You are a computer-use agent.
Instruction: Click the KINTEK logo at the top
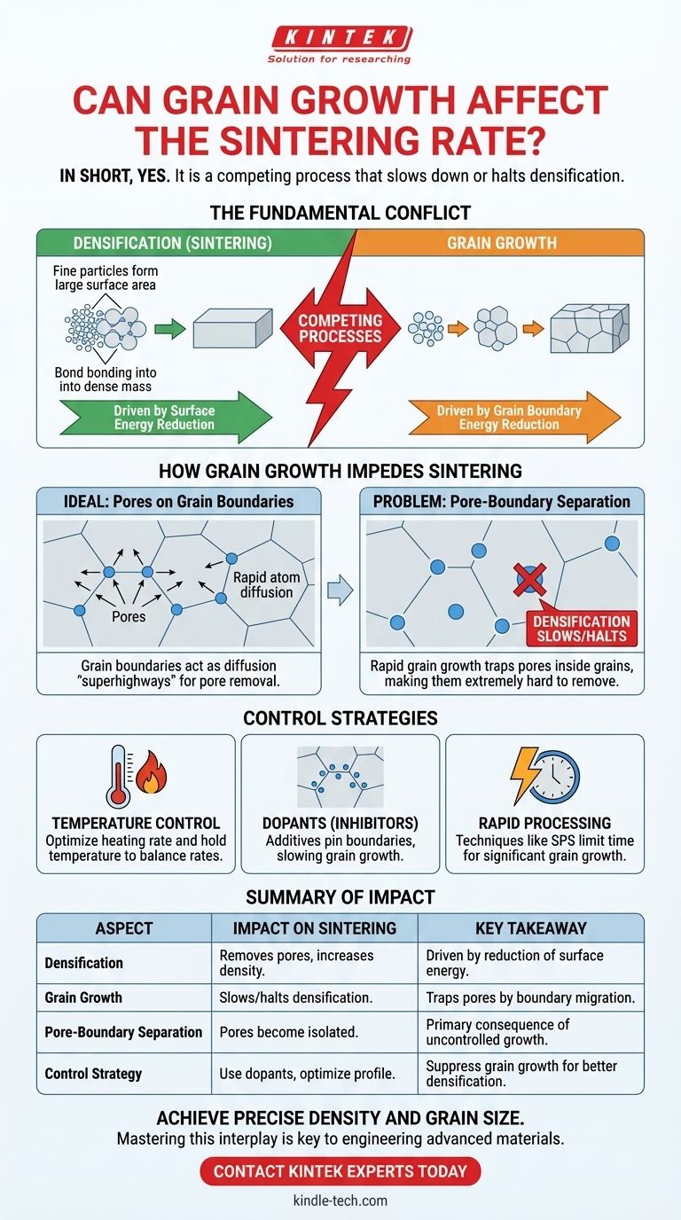[x=340, y=38]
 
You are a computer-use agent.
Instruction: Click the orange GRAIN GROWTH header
[x=501, y=243]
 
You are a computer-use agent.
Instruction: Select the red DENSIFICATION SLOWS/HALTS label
[x=581, y=628]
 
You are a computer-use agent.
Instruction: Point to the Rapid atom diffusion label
[x=266, y=585]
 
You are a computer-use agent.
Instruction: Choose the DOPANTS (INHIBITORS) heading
[x=340, y=823]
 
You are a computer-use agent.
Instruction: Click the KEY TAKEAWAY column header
[x=531, y=928]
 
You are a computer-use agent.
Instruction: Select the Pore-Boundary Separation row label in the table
[x=123, y=1032]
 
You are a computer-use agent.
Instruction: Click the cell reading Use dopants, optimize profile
[x=307, y=1074]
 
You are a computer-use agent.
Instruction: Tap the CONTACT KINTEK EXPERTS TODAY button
[x=340, y=1171]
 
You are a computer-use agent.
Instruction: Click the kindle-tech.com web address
[x=340, y=1200]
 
